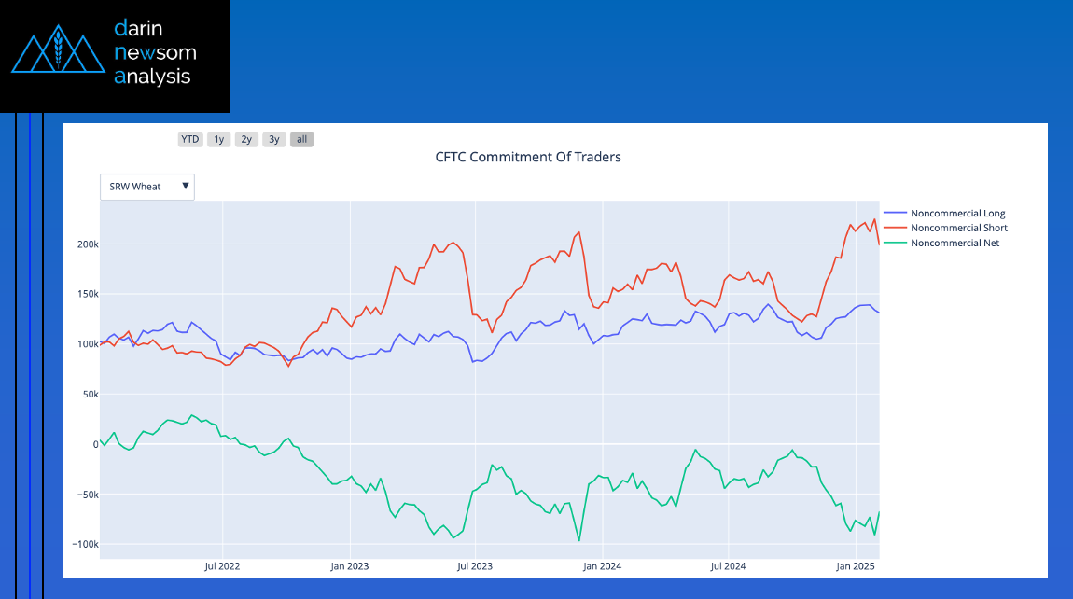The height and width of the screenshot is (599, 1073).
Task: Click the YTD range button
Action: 190,140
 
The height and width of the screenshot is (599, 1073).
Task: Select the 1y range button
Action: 218,140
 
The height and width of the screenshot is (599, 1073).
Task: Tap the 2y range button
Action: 246,140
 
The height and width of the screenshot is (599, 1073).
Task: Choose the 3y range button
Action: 273,140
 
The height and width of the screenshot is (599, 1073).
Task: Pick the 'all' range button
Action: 301,140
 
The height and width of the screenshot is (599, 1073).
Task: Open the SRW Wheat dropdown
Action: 147,187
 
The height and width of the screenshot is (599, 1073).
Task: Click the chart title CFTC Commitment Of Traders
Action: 528,157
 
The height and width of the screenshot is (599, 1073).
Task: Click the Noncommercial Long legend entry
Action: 957,214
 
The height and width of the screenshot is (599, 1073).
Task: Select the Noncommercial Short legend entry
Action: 958,228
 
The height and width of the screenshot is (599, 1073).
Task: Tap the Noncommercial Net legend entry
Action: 955,243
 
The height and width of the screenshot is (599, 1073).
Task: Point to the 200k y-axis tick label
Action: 89,244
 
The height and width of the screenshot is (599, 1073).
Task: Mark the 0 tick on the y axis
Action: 95,444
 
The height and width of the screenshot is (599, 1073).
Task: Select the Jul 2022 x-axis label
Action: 223,566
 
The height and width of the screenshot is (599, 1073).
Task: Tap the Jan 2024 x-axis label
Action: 603,566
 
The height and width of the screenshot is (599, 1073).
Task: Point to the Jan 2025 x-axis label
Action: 856,566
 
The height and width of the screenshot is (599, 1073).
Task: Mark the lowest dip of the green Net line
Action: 579,540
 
